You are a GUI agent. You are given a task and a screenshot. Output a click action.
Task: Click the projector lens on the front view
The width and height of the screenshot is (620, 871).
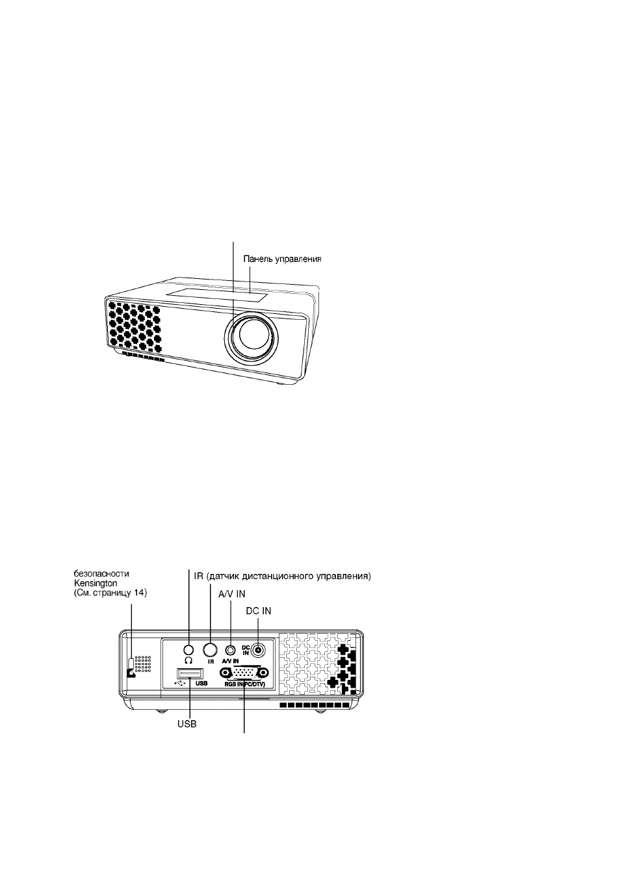point(252,335)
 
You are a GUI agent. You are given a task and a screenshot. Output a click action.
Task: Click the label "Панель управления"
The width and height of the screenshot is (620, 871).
point(282,259)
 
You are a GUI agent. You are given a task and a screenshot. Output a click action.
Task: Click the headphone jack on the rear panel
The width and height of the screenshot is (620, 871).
point(188,649)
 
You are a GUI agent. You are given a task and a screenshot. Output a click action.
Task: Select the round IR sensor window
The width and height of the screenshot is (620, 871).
point(211,649)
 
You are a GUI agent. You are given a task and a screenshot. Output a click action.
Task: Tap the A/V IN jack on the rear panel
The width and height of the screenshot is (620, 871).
point(231,650)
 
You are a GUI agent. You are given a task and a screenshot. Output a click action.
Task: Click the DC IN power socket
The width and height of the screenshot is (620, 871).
point(259,649)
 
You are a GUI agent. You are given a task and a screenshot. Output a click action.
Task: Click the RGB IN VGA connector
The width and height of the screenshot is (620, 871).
point(244,673)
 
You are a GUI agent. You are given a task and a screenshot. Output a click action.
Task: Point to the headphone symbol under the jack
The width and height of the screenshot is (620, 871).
point(188,660)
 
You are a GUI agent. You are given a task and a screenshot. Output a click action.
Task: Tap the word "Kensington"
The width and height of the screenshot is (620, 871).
point(96,584)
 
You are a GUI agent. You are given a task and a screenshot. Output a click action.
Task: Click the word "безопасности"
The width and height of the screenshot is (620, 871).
point(101,574)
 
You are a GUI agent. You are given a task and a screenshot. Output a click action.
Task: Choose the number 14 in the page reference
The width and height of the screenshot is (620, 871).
point(139,593)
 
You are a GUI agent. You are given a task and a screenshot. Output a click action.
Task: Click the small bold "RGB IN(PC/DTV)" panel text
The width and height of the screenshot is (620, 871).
point(244,684)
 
